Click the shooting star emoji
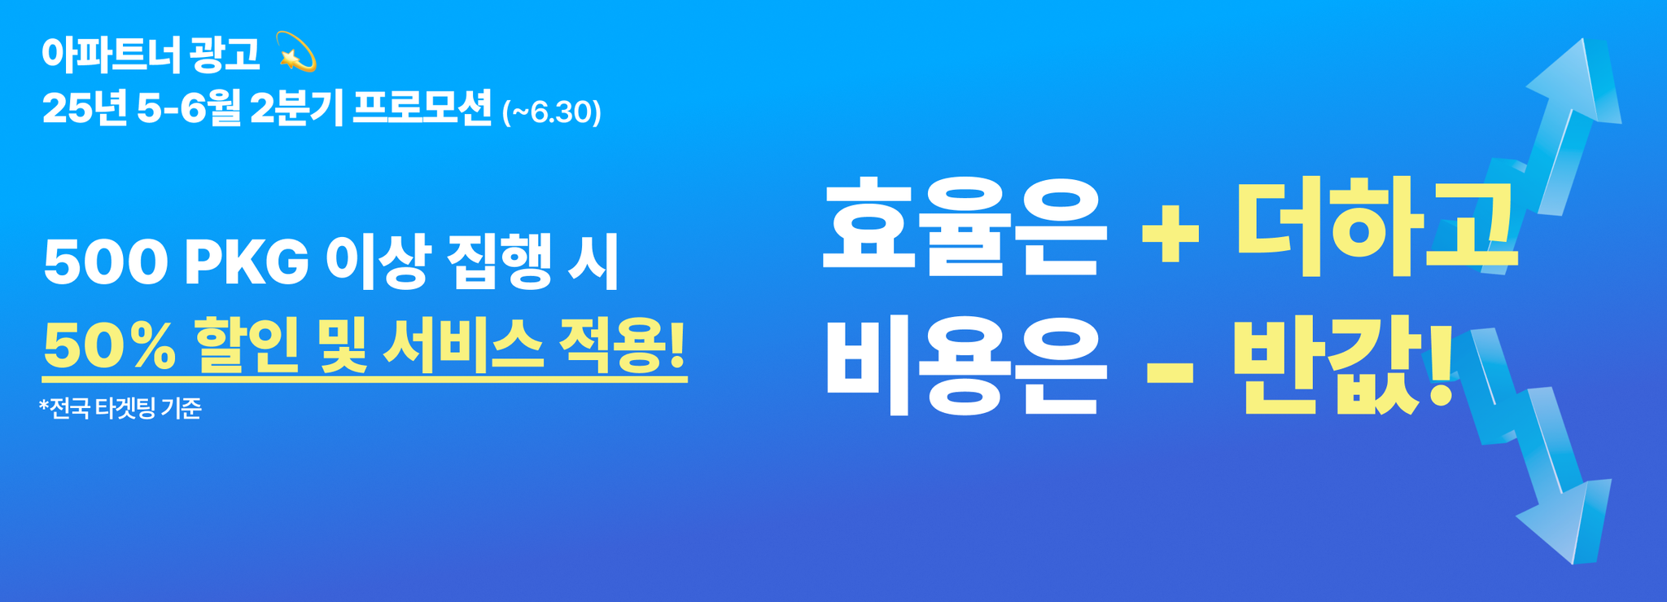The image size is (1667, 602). pos(296,51)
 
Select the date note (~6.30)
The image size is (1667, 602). pos(551,112)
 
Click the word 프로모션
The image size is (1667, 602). pos(422,108)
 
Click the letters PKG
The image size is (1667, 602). pos(247,263)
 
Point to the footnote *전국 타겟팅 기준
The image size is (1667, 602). pos(120,407)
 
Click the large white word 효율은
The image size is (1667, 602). pos(965,225)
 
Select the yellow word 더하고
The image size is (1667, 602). pos(1376,226)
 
